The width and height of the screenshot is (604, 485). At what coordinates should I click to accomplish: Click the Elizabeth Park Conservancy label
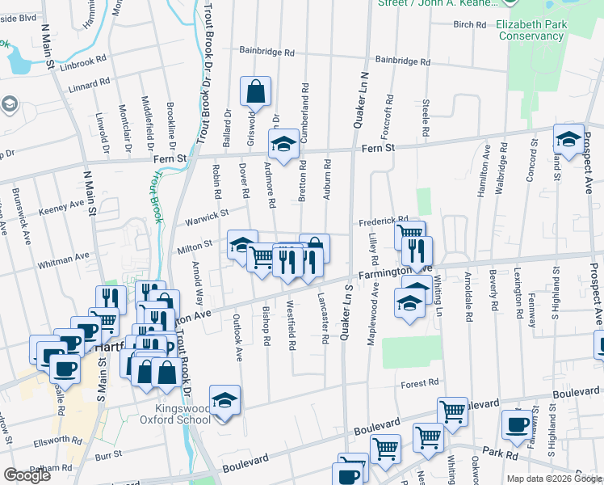tap(530, 30)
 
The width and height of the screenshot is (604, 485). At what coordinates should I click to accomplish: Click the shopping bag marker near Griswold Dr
tap(254, 93)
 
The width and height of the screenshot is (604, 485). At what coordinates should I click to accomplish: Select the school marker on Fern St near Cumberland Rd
tap(283, 145)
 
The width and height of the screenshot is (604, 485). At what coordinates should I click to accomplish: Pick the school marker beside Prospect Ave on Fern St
tap(568, 139)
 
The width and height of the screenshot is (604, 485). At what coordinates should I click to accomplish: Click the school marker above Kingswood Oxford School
tap(224, 400)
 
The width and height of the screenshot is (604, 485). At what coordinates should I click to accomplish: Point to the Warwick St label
tap(208, 216)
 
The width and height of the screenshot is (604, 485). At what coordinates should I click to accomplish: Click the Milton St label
tap(195, 243)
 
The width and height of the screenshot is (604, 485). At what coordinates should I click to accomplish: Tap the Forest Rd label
tap(420, 382)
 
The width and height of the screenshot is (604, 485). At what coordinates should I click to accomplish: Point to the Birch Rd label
tap(469, 25)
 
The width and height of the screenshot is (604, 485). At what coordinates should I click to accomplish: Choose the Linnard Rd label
tap(89, 84)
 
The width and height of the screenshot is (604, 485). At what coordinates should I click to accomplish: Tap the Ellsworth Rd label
tap(55, 443)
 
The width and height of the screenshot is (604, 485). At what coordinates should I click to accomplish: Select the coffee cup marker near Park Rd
tap(517, 425)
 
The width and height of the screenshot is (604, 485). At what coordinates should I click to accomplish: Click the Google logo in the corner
tap(27, 474)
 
